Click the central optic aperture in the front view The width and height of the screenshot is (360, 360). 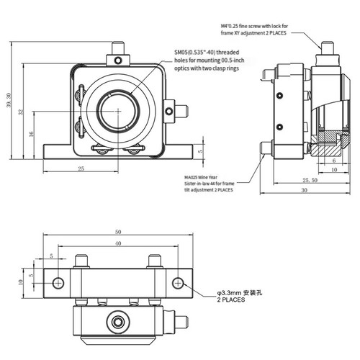pos(117,113)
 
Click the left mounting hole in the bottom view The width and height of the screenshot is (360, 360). pos(58,281)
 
